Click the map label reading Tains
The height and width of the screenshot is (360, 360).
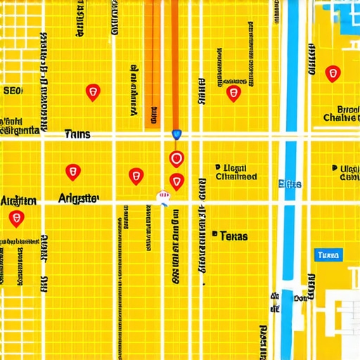click(x=77, y=134)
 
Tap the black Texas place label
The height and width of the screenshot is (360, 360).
click(x=233, y=236)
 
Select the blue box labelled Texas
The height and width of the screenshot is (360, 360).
click(x=328, y=255)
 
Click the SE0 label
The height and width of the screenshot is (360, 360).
click(x=13, y=91)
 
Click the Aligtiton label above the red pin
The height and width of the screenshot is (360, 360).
click(x=18, y=201)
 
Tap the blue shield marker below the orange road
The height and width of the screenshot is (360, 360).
click(x=176, y=134)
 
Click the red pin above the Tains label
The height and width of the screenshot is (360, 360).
click(x=92, y=91)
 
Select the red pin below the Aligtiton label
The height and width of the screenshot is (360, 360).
click(x=15, y=218)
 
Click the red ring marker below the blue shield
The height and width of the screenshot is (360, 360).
click(x=176, y=159)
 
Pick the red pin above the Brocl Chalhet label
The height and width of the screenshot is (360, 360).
click(x=333, y=73)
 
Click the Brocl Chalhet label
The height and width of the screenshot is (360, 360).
click(x=340, y=113)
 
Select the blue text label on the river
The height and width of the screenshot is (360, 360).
click(x=290, y=184)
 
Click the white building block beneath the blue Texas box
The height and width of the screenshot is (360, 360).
click(x=345, y=309)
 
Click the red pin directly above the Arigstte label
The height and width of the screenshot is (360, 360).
click(x=72, y=172)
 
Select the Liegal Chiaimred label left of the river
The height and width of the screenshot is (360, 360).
click(x=236, y=173)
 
